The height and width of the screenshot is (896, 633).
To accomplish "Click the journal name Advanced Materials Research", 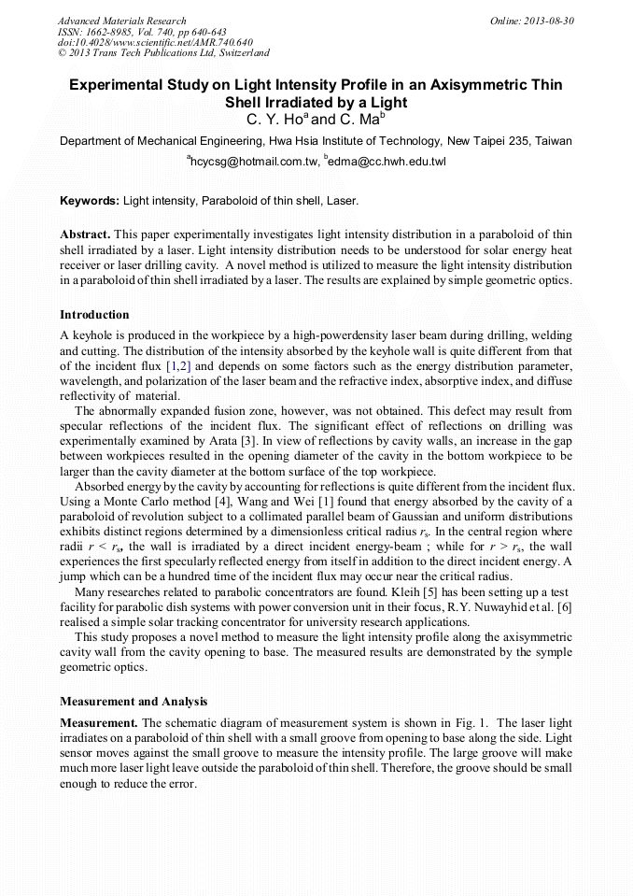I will point(121,21).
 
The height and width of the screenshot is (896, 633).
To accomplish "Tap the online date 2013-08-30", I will point(549,21).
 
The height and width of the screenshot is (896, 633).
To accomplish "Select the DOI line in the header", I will point(155,42).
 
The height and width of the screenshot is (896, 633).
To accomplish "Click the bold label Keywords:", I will point(90,201).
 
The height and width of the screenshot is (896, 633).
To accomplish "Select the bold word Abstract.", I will point(86,234).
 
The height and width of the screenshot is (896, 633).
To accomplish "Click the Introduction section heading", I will point(94,314).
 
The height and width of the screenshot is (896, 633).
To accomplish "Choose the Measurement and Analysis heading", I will point(134,701).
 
